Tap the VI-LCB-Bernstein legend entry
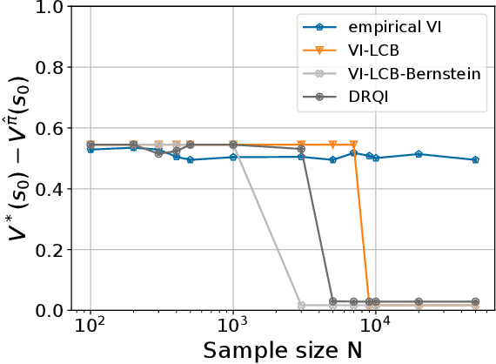[x=419, y=73]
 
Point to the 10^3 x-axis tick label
[x=232, y=327]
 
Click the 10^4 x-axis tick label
[x=375, y=327]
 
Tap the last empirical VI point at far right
[x=475, y=160]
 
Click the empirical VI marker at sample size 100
[x=90, y=150]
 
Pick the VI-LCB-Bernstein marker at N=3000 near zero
[x=301, y=306]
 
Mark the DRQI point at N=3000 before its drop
[x=301, y=149]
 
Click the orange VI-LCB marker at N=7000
[x=353, y=145]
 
